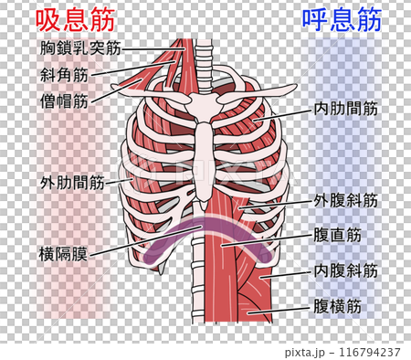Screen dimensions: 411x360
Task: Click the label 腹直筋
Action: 337,235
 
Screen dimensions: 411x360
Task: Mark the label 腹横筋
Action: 337,306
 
